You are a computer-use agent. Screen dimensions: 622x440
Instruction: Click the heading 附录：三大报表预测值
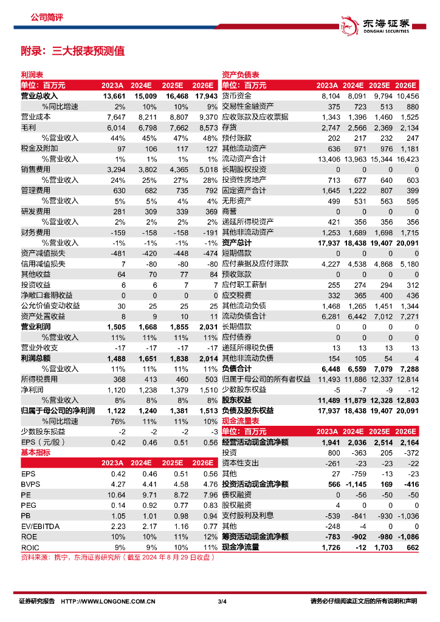(x=72, y=51)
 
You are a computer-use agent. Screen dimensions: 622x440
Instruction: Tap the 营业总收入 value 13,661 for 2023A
(x=114, y=96)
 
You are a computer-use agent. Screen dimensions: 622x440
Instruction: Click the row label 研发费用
(x=36, y=211)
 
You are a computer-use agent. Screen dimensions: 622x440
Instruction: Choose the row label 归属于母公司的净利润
(x=58, y=411)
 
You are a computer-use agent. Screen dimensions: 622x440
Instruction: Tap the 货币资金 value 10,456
(x=407, y=96)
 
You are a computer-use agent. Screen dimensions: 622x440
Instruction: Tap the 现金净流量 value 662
(x=413, y=547)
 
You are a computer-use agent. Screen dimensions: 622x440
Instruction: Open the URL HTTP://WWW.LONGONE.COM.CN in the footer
(x=108, y=602)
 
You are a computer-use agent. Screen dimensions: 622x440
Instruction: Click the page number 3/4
(x=222, y=602)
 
